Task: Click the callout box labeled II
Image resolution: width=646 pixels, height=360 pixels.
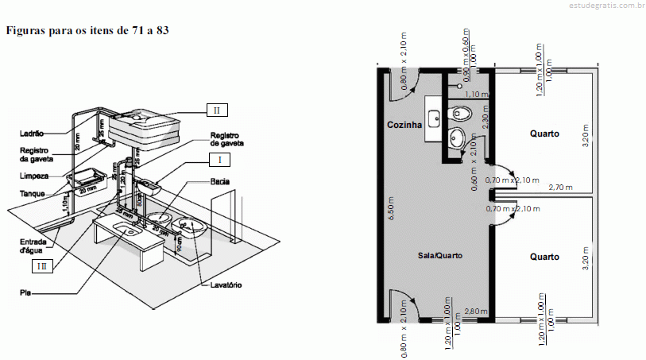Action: (x=215, y=109)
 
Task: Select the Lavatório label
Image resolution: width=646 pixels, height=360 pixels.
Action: (x=226, y=285)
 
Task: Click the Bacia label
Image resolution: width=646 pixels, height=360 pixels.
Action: (x=221, y=182)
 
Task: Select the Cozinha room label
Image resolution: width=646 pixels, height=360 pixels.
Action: (x=404, y=126)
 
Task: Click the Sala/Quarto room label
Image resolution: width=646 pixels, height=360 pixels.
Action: (x=440, y=256)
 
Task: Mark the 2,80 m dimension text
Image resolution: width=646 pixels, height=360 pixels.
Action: (x=476, y=310)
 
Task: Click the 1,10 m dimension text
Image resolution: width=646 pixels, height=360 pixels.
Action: (x=475, y=95)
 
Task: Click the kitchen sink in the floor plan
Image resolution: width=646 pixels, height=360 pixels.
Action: (x=434, y=118)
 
